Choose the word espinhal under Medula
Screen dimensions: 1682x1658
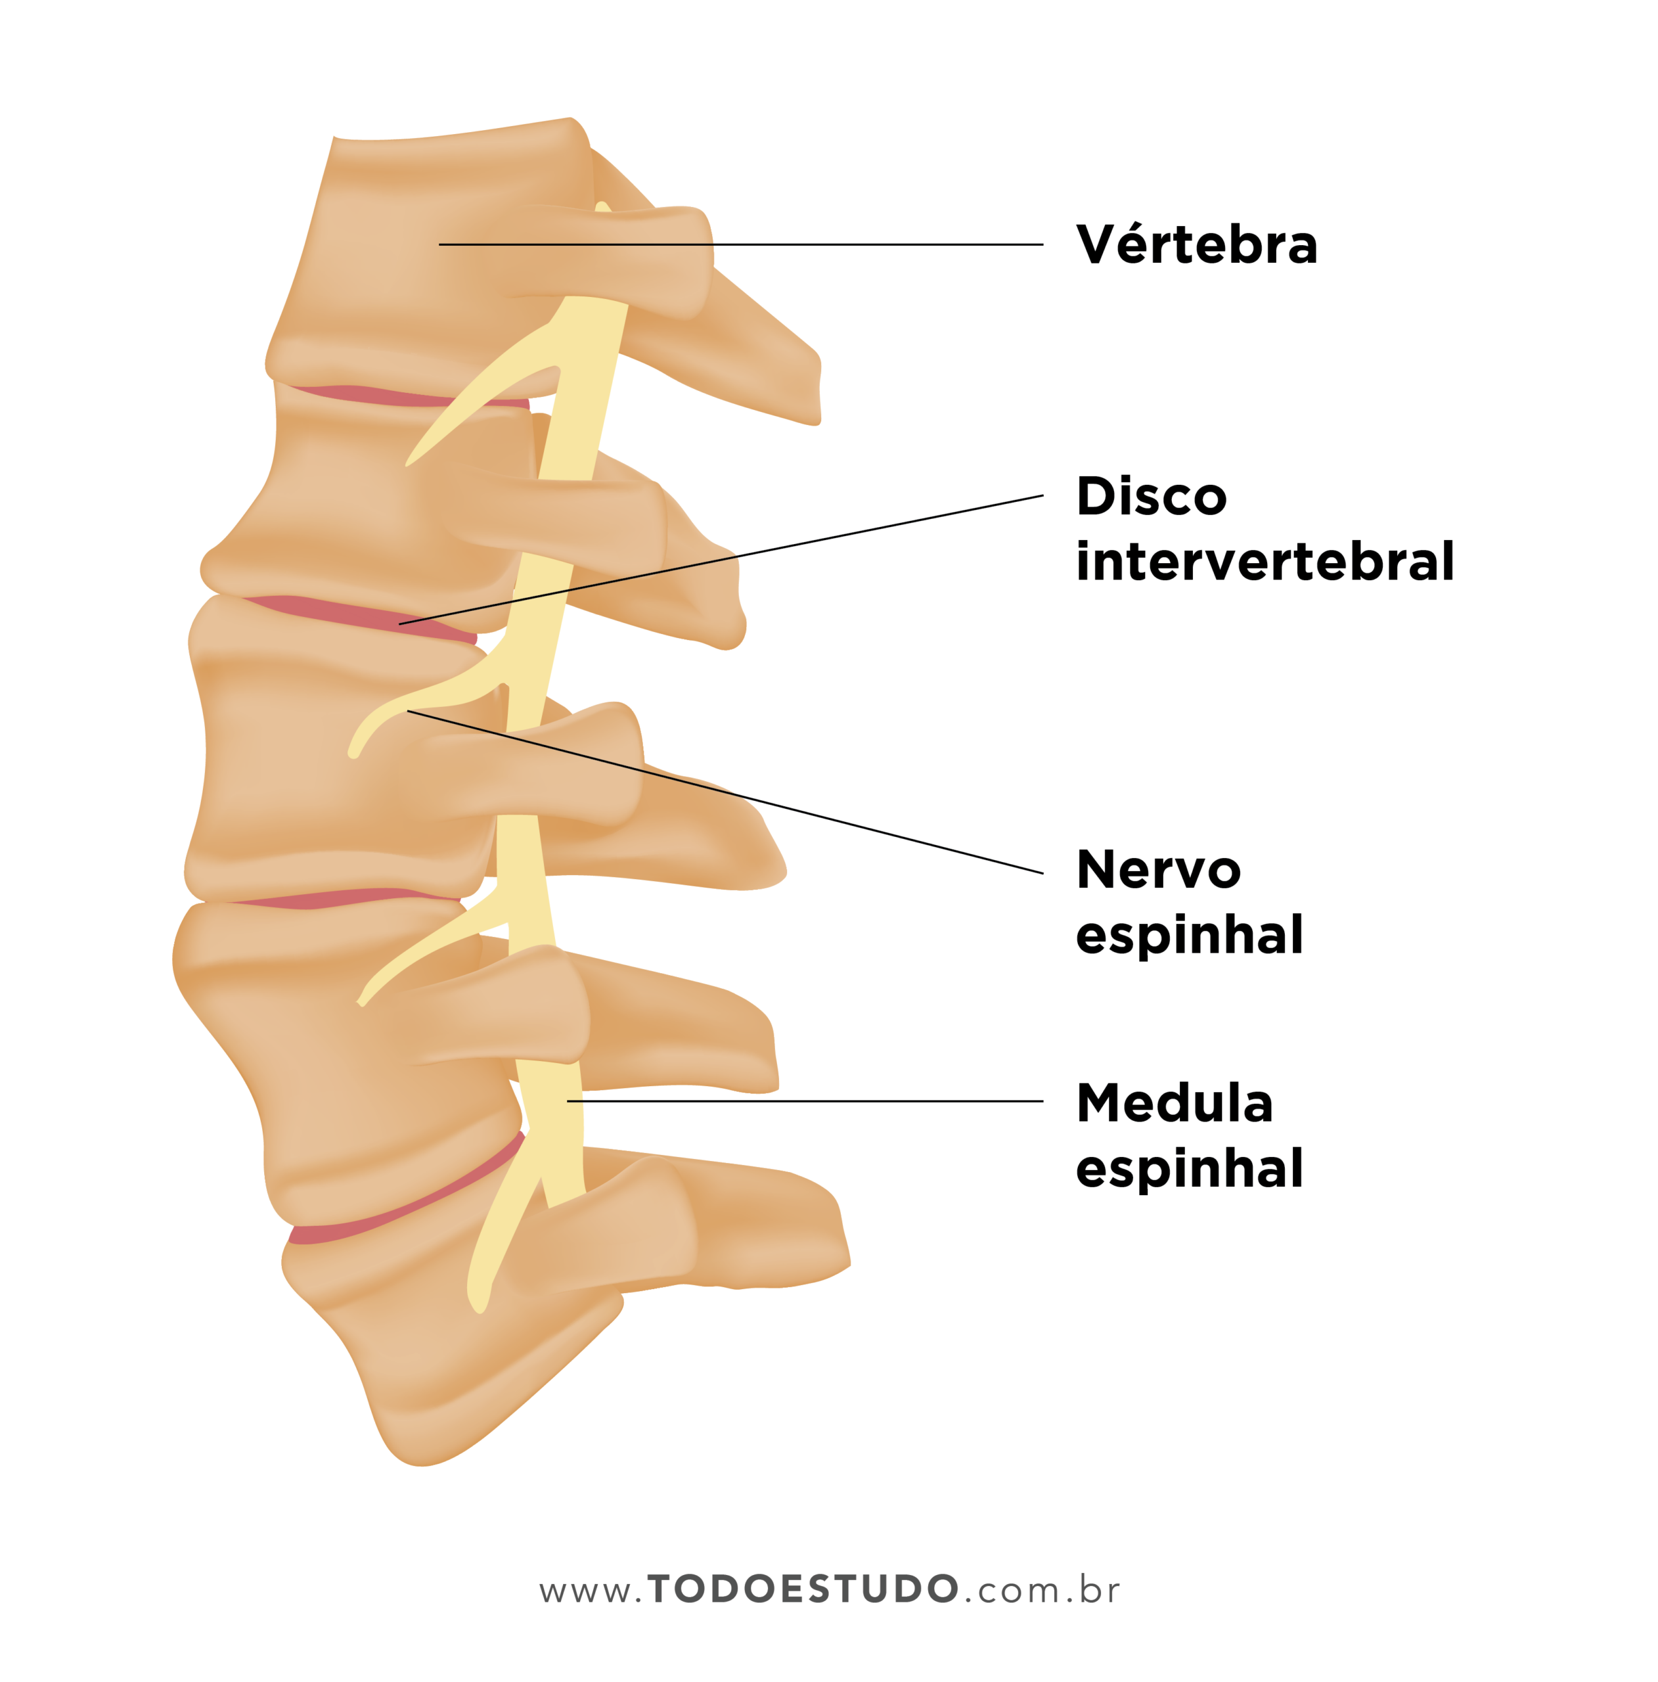click(1189, 1168)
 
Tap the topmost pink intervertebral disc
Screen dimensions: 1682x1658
click(392, 396)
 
